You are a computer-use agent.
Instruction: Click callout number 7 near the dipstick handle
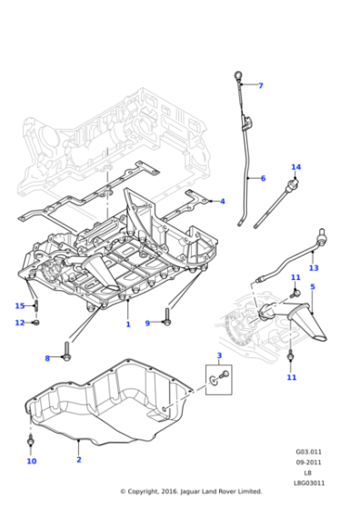point(260,85)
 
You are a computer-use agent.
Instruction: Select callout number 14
point(295,167)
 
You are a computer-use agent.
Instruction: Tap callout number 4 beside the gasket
point(223,201)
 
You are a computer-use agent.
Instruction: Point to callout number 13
point(314,268)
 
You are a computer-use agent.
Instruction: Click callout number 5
point(313,286)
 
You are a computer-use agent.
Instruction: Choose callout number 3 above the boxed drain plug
point(219,355)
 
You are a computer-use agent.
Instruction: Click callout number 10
point(32,461)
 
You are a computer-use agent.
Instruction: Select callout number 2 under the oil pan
point(79,459)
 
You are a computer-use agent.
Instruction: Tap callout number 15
point(20,305)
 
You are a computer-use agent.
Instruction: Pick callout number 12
point(20,323)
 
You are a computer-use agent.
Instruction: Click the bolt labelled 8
point(67,351)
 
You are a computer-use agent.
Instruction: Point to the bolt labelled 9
point(167,317)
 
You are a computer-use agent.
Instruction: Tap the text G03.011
point(309,452)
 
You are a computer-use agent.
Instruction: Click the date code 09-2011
point(309,463)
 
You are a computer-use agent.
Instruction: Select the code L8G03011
point(309,483)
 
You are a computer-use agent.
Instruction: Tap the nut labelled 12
point(36,323)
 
